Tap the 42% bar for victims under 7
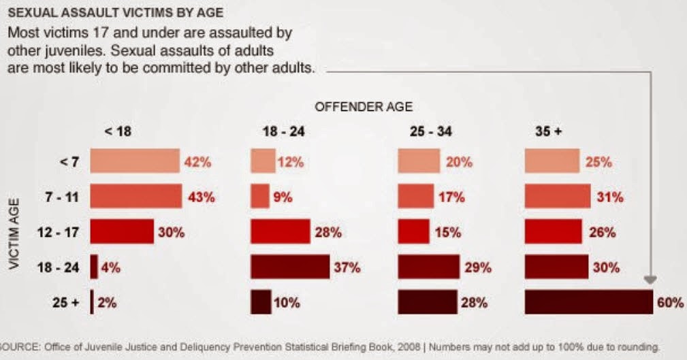134,162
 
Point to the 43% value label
201,197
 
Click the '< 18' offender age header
117,132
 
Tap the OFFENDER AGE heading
364,107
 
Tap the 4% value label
110,267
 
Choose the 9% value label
283,197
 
